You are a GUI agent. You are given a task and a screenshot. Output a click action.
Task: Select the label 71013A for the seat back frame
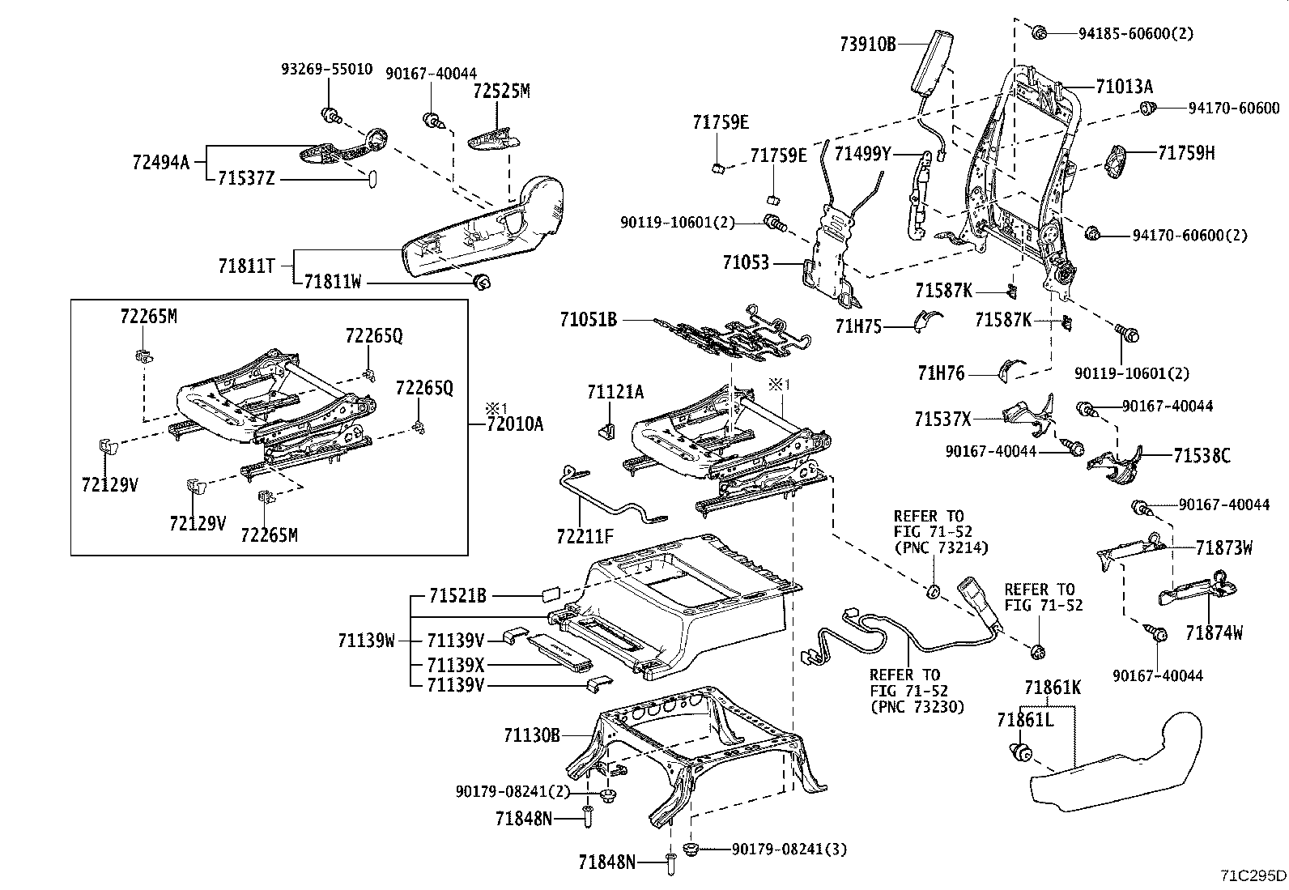pyautogui.click(x=1124, y=87)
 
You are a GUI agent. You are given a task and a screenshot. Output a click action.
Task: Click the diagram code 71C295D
pyautogui.click(x=1253, y=875)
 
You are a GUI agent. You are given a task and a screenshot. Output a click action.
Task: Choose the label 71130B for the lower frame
pyautogui.click(x=531, y=735)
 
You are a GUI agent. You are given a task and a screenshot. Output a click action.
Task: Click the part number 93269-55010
pyautogui.click(x=326, y=70)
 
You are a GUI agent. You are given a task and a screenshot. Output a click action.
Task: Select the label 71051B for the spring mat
pyautogui.click(x=588, y=320)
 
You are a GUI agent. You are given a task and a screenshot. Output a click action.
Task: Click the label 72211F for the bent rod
pyautogui.click(x=585, y=535)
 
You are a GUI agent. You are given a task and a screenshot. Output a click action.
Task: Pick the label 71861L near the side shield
pyautogui.click(x=1025, y=719)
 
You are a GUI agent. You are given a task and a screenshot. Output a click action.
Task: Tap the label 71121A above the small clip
pyautogui.click(x=615, y=393)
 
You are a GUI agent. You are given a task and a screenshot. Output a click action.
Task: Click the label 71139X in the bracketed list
pyautogui.click(x=455, y=664)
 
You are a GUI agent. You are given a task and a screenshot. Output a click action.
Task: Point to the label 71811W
pyautogui.click(x=332, y=282)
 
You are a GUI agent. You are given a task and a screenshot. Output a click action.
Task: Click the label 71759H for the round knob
pyautogui.click(x=1186, y=152)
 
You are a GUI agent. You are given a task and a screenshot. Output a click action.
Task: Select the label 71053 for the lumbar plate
pyautogui.click(x=747, y=262)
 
